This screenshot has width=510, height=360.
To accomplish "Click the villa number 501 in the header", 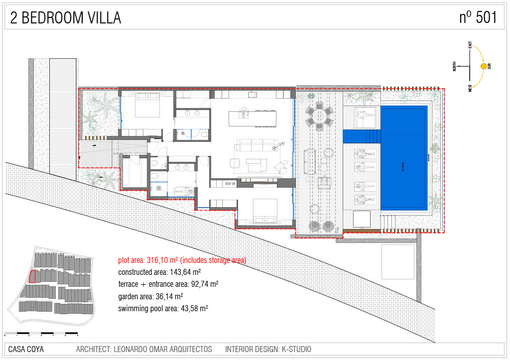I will tap(486, 17).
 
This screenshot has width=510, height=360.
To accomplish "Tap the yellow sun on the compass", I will tap(483, 66).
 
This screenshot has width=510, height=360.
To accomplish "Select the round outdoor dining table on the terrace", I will tap(319, 117).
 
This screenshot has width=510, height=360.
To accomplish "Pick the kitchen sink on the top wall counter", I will tap(253, 94).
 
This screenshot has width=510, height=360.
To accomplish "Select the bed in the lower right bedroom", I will tap(264, 211).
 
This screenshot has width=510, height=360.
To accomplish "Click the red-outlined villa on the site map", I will tap(33, 276).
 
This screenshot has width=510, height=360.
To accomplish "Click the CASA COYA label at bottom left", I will tap(26, 350).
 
